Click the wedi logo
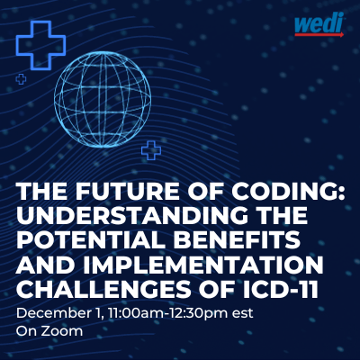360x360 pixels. coord(319,25)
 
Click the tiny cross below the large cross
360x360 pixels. coord(21,79)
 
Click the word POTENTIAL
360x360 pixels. coord(85,239)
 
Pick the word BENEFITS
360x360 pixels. coord(230,239)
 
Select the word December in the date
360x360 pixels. coord(51,313)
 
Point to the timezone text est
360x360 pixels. coord(243,314)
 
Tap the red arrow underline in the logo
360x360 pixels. coord(319,35)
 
